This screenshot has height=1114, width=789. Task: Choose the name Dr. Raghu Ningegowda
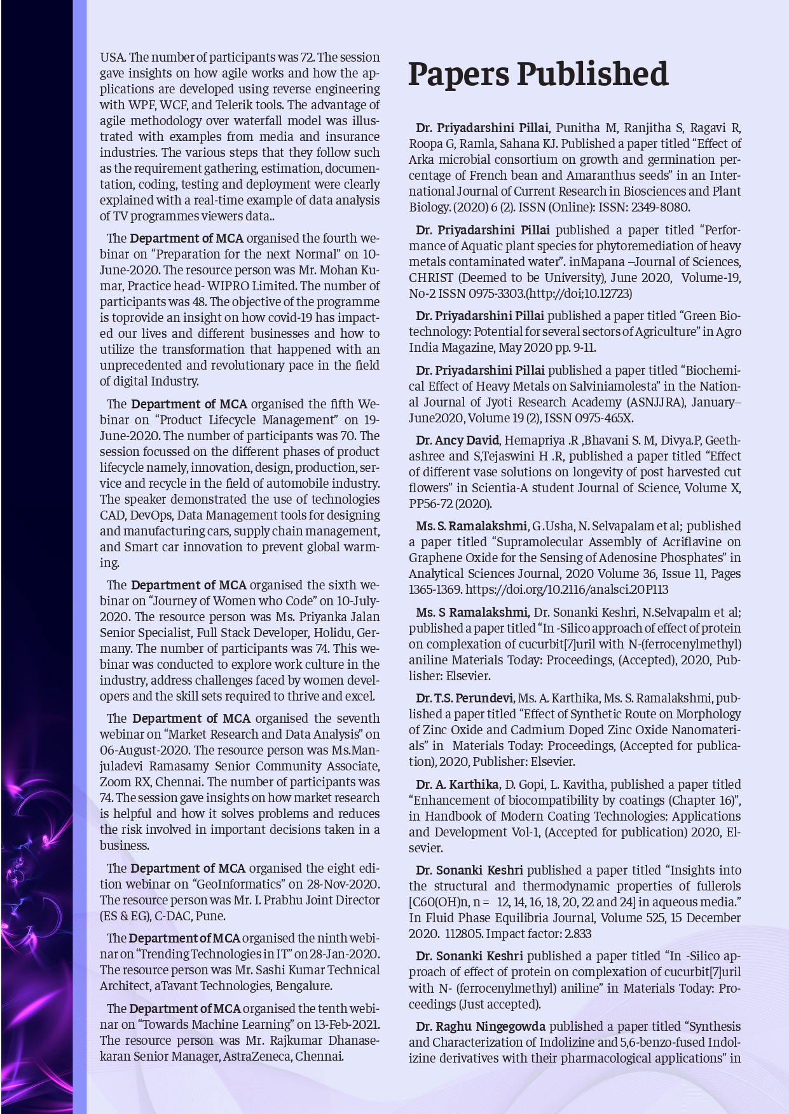[481, 1026]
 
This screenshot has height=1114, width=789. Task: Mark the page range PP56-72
[431, 504]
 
